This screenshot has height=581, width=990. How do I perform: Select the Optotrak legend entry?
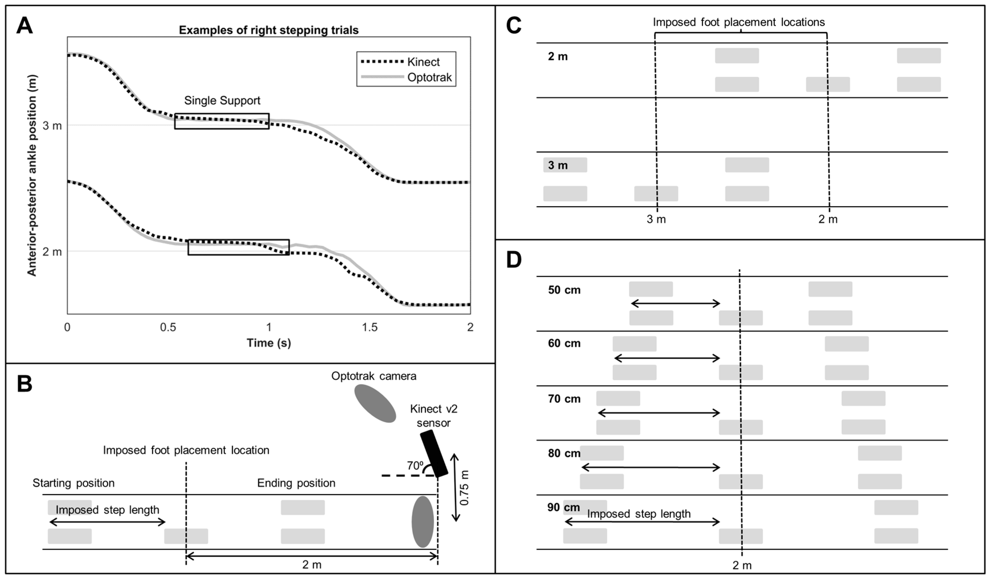click(x=429, y=77)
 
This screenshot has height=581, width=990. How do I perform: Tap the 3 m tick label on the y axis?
click(x=52, y=126)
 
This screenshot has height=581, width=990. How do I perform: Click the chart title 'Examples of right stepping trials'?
click(x=269, y=30)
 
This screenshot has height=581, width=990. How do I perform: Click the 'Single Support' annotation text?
click(x=222, y=100)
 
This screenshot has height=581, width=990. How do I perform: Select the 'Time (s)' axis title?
click(x=269, y=343)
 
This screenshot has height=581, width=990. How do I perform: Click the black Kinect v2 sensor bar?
click(x=434, y=454)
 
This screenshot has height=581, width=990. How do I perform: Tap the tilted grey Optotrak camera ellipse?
click(x=375, y=403)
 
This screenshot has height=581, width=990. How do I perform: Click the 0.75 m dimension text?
click(x=464, y=488)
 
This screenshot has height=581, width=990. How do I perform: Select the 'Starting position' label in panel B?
click(x=73, y=483)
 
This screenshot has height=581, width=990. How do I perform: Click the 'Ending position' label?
click(x=296, y=483)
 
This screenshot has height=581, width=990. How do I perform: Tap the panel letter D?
click(x=514, y=260)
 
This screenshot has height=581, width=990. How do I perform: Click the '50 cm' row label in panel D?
click(x=564, y=290)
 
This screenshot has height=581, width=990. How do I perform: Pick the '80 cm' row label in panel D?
click(x=564, y=453)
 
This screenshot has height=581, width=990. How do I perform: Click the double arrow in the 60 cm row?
click(x=667, y=358)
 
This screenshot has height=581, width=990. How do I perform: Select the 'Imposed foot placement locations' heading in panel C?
click(x=739, y=23)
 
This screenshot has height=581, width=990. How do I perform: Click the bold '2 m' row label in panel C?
click(x=558, y=57)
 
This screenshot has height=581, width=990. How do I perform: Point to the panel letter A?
click(x=24, y=26)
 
